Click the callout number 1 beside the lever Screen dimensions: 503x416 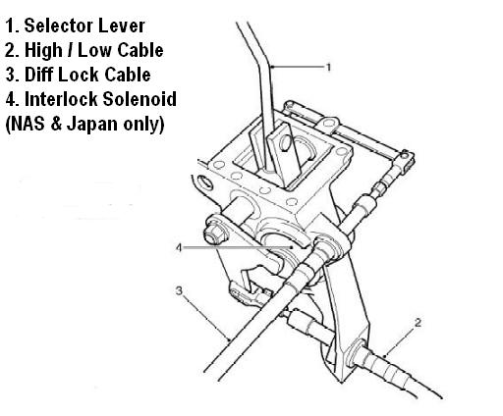[x=329, y=68]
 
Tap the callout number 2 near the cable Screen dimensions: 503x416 [x=418, y=323]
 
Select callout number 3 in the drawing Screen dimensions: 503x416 [x=179, y=290]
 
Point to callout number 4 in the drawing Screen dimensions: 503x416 [x=179, y=247]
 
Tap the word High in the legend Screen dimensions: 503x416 [x=43, y=51]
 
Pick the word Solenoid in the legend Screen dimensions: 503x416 [x=140, y=99]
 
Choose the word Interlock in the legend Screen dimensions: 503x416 [x=62, y=99]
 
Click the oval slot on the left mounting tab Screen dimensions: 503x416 [x=206, y=182]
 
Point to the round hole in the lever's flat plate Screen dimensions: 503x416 [x=286, y=142]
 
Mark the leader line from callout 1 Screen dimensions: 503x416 [x=299, y=67]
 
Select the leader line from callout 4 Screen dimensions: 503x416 [x=238, y=247]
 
